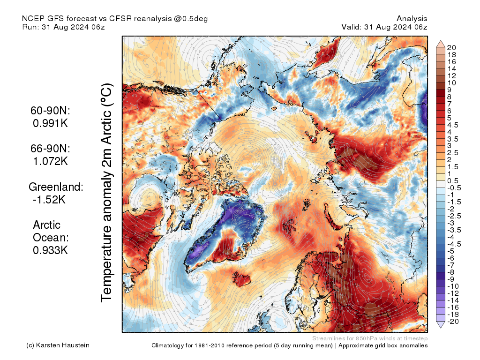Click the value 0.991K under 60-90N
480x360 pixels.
tap(50, 123)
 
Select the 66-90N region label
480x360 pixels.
tap(50, 149)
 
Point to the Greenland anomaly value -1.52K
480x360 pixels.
tap(49, 200)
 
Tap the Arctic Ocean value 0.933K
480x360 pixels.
tap(50, 250)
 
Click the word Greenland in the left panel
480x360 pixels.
tap(55, 187)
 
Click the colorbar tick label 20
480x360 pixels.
tap(451, 47)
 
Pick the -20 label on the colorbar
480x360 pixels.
tap(453, 322)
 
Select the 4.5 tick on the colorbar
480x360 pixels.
tap(453, 125)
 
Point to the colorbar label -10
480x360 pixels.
tap(453, 286)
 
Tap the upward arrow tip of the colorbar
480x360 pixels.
tap(441, 40)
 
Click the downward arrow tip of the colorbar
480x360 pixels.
tap(441, 328)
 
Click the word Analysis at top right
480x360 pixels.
tap(412, 19)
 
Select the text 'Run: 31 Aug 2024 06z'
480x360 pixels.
tap(64, 27)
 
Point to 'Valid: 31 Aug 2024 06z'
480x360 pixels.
tap(384, 27)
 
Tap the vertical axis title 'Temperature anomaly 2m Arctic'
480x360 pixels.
tap(106, 193)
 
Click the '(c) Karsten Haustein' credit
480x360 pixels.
tap(58, 345)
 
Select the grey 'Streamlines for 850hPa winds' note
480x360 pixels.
tap(370, 338)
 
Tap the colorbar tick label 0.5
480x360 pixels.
tap(453, 181)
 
